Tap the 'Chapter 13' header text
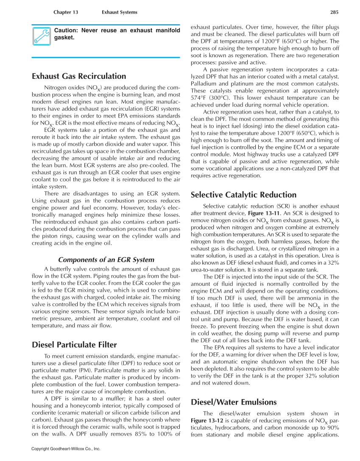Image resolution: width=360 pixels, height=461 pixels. [x=66, y=12]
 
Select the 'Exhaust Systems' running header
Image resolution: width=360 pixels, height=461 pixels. [x=120, y=12]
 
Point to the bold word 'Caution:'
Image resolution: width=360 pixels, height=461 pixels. [x=66, y=31]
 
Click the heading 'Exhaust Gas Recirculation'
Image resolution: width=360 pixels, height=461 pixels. [x=79, y=76]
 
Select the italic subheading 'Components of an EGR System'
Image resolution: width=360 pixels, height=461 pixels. [x=106, y=260]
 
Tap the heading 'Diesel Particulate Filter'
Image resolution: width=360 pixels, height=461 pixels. [x=74, y=345]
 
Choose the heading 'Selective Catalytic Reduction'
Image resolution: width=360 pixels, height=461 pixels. [x=243, y=195]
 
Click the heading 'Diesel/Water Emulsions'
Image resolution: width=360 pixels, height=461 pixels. [x=234, y=402]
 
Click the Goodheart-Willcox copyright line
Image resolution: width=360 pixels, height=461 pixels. [x=66, y=448]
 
